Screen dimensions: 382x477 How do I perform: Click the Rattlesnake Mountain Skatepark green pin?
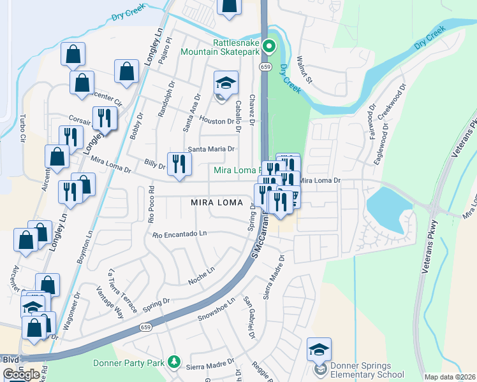point(269,46)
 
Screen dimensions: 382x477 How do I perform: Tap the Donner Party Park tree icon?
point(173,363)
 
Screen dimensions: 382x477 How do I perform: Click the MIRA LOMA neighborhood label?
point(217,202)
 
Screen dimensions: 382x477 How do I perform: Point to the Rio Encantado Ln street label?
point(180,234)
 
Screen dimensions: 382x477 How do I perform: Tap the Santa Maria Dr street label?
point(210,149)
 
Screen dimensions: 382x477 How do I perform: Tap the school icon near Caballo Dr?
point(224,83)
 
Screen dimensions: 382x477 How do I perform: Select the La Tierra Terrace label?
point(122,290)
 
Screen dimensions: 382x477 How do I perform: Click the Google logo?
point(21,374)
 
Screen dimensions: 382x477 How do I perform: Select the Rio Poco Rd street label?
point(151,203)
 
